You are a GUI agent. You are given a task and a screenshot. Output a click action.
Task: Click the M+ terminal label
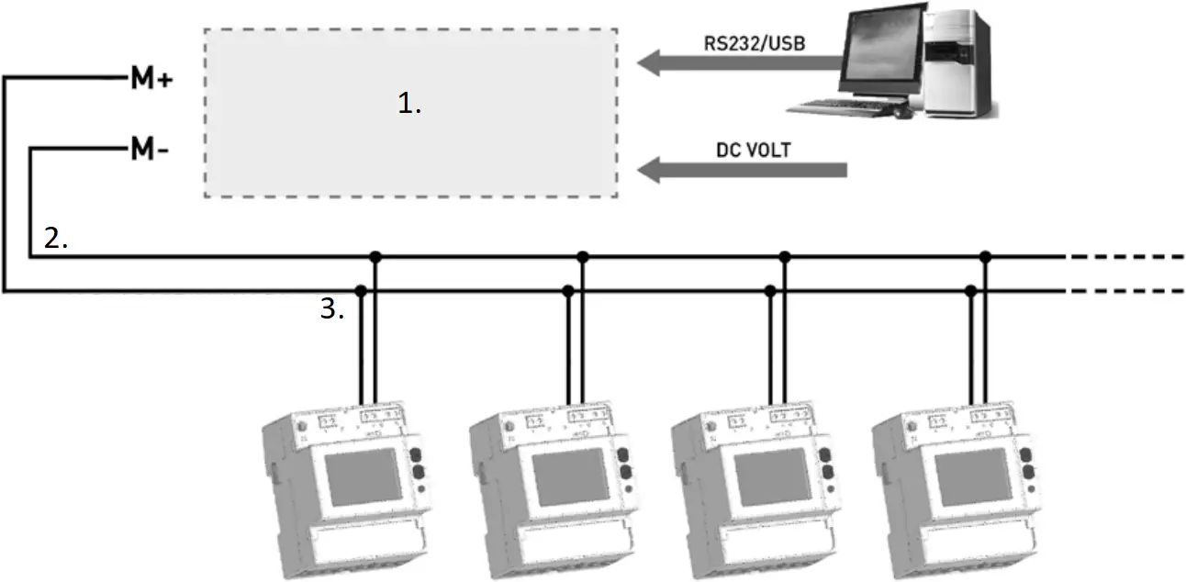click(x=151, y=80)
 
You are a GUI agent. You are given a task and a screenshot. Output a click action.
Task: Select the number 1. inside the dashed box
click(x=409, y=105)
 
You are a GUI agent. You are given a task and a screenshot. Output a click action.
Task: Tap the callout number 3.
click(x=331, y=310)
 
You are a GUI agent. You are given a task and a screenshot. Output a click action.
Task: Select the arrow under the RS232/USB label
click(x=739, y=63)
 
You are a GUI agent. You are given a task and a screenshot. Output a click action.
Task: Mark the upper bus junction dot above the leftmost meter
click(x=375, y=257)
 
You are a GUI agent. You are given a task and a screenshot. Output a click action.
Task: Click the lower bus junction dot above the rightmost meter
click(x=972, y=291)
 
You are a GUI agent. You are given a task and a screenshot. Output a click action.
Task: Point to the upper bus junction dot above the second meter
click(x=582, y=257)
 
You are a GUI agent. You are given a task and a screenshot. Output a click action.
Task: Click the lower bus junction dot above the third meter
click(x=770, y=291)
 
